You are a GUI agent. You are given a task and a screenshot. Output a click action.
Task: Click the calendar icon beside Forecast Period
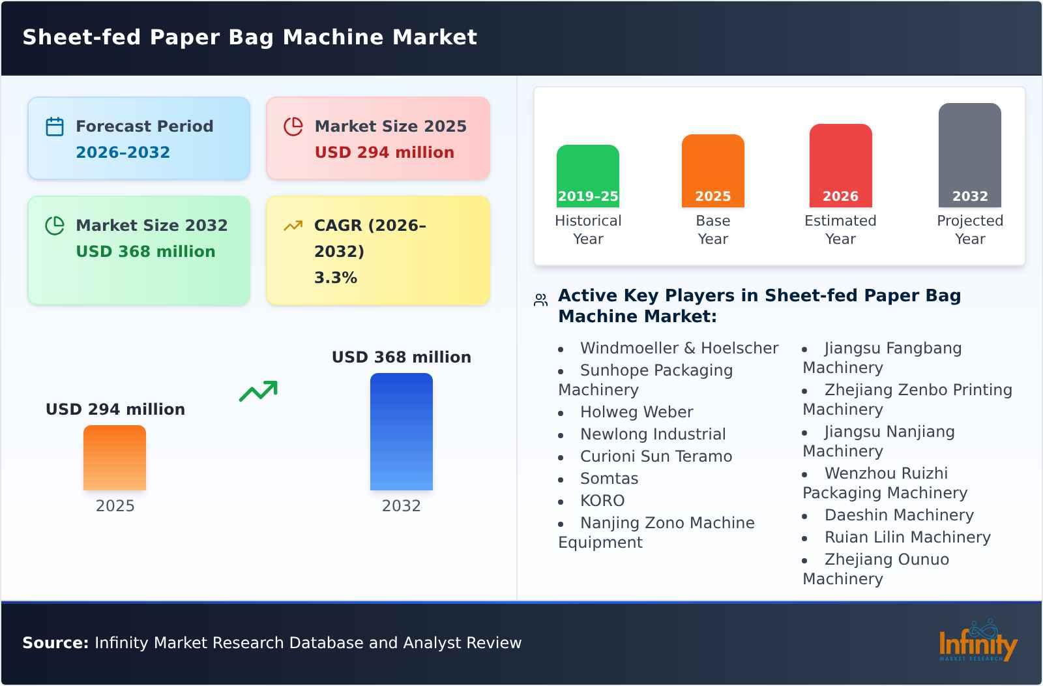pos(55,127)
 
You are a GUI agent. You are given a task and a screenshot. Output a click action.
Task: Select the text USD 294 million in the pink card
pos(384,153)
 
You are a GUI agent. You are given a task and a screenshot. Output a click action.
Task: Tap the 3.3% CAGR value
pos(335,278)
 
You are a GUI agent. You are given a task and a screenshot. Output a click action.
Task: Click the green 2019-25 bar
pos(587,176)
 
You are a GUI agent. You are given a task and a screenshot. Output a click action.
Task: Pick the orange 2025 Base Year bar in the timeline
pos(712,171)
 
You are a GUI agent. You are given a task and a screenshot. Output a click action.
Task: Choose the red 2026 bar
pos(840,166)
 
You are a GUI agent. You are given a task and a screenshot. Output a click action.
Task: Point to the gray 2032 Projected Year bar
pos(969,155)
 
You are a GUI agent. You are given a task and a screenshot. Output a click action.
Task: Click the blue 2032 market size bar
pos(401,432)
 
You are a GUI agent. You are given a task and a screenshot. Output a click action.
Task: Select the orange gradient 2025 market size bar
pos(115,458)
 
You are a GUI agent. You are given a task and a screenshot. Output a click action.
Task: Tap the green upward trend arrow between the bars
pos(258,391)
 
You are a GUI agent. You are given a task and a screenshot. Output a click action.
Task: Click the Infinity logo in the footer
pos(977,642)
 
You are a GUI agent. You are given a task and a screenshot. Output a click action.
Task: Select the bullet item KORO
pos(602,501)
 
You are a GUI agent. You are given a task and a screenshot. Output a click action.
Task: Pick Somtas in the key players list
pos(609,479)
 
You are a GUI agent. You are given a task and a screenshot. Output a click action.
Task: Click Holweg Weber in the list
pos(636,412)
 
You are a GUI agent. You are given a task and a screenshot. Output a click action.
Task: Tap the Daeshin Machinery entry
pos(898,515)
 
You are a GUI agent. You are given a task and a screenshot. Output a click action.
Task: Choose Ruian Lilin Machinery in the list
pos(907,537)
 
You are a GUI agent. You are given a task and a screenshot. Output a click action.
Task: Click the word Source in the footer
pos(55,643)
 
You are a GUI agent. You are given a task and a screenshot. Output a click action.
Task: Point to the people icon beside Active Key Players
pos(540,300)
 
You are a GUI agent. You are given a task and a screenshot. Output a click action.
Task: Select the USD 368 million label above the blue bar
pos(401,357)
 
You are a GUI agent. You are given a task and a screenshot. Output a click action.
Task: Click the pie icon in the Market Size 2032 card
pos(55,226)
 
